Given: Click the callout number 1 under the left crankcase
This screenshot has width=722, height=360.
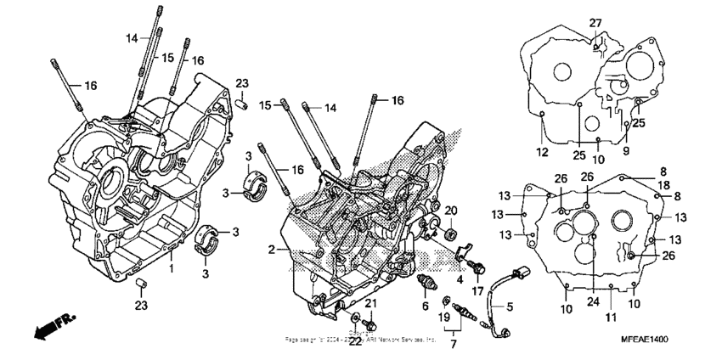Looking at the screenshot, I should pyautogui.click(x=172, y=268).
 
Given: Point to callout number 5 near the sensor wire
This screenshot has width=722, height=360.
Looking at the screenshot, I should pyautogui.click(x=510, y=307).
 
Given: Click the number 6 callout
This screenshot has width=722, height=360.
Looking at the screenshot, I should pyautogui.click(x=423, y=306).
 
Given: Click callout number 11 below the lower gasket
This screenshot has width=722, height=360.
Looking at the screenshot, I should pyautogui.click(x=610, y=318).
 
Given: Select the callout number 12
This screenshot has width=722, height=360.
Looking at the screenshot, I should pyautogui.click(x=542, y=152).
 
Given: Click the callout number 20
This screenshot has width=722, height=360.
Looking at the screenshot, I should pyautogui.click(x=451, y=211).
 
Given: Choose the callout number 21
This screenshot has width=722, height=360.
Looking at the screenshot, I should pyautogui.click(x=370, y=304).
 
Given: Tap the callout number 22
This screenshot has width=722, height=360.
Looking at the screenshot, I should pyautogui.click(x=355, y=341).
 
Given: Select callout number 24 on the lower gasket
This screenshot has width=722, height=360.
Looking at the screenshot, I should pyautogui.click(x=592, y=301).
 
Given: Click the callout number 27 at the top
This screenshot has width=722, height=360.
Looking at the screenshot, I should pyautogui.click(x=595, y=22).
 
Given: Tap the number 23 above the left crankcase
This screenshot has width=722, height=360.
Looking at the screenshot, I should pyautogui.click(x=242, y=83).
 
